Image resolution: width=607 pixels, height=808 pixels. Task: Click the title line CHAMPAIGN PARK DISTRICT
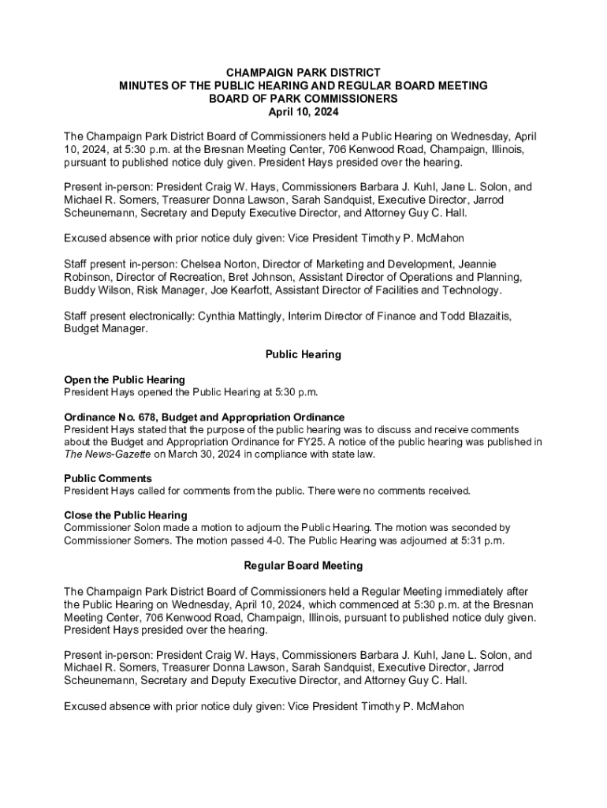tap(303, 72)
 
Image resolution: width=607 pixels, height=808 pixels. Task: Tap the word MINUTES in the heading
tap(143, 84)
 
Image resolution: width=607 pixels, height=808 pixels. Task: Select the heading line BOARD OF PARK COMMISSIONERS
tap(303, 98)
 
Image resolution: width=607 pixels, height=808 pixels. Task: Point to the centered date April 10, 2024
tap(303, 111)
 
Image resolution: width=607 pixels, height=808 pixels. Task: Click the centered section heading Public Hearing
tap(303, 354)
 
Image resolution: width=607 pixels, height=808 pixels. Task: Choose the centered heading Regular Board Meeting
tap(303, 565)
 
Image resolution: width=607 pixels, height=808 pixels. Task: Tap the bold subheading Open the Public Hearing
tap(124, 380)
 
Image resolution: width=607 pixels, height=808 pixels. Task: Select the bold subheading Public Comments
tap(107, 478)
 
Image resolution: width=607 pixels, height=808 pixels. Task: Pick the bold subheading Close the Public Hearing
tap(125, 515)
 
